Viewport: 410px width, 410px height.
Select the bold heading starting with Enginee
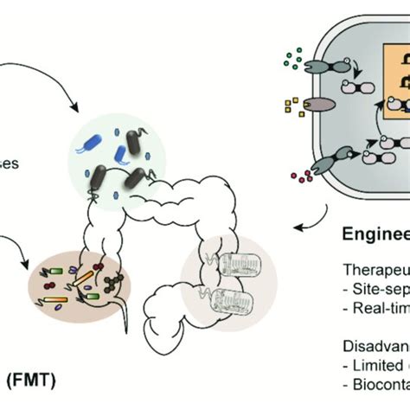371,234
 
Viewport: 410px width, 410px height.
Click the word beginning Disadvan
373,341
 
